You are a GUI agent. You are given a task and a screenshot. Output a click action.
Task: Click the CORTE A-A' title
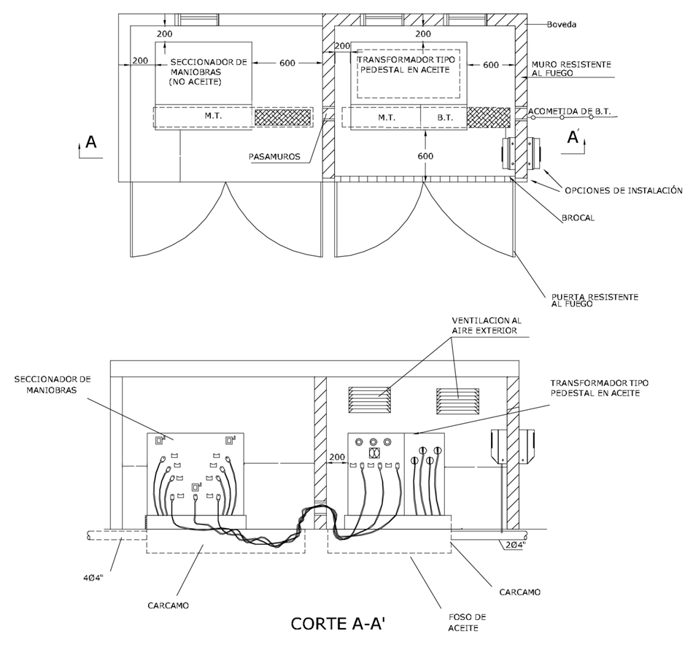tap(341, 623)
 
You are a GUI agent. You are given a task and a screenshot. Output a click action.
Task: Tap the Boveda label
tap(561, 25)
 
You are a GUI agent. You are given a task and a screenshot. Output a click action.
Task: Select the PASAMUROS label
tap(274, 156)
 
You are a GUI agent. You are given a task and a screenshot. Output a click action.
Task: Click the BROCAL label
tap(578, 218)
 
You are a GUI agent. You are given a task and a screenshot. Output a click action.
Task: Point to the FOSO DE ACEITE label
tap(467, 622)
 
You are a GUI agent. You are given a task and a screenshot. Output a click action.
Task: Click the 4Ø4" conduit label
tap(93, 578)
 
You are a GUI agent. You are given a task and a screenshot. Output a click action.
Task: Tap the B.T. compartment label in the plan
tap(445, 117)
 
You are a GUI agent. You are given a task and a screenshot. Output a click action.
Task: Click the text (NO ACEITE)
tap(195, 82)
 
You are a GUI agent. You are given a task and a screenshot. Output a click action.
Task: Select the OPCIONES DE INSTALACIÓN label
tap(624, 190)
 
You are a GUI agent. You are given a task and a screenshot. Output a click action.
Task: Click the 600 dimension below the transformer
tap(425, 155)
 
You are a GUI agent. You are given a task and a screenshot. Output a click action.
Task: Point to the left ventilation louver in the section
tap(370, 400)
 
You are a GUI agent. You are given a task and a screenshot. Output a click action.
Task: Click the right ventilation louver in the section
tap(458, 401)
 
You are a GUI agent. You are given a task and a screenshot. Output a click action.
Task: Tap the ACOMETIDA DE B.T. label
tap(569, 112)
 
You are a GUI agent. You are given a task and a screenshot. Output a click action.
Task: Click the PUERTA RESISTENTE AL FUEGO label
tap(595, 301)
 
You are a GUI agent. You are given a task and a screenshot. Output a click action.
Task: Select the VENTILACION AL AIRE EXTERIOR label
tap(486, 325)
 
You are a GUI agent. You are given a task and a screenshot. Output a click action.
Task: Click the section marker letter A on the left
tap(91, 142)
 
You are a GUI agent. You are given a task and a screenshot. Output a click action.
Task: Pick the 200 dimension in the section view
tap(337, 457)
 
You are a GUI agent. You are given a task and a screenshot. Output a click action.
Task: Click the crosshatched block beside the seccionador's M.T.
tap(283, 117)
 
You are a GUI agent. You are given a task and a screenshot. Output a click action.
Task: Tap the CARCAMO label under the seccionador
tap(168, 605)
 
